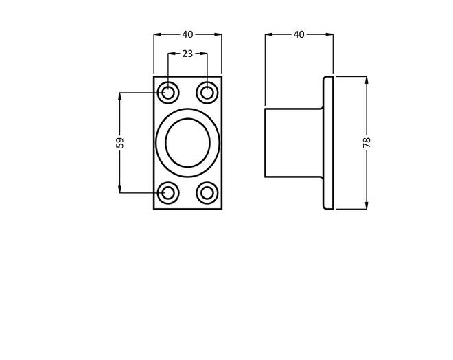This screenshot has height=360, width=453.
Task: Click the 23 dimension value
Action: pos(187,54)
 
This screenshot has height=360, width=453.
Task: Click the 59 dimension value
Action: pos(120,142)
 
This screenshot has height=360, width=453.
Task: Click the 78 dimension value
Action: pos(367,142)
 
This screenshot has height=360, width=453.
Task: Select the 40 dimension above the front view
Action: pos(187,34)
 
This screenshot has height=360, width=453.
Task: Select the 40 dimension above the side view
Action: pos(299,34)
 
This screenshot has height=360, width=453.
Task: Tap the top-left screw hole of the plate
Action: pos(168,93)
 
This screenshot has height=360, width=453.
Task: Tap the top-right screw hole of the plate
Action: pos(207,93)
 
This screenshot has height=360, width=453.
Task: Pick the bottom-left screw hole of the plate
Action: pos(168,193)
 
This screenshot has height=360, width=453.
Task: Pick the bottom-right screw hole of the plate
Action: pos(207,193)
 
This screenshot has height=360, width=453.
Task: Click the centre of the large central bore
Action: pos(188,142)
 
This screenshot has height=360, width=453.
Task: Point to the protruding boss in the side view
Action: pos(294,142)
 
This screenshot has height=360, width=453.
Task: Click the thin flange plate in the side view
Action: pos(328,142)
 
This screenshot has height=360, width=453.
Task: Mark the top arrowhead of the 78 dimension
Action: pos(367,80)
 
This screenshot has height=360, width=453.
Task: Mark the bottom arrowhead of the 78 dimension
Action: pos(367,205)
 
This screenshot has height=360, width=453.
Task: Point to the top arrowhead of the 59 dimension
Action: pos(120,96)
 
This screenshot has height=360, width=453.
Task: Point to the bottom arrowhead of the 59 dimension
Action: pos(120,190)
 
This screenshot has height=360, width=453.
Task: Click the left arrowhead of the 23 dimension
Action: pos(172,54)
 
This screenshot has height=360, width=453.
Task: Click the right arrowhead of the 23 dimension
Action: pos(204,54)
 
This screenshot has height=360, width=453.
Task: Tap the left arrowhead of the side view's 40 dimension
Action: pos(268,34)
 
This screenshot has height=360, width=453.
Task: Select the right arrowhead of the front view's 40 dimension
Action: pos(218,34)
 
